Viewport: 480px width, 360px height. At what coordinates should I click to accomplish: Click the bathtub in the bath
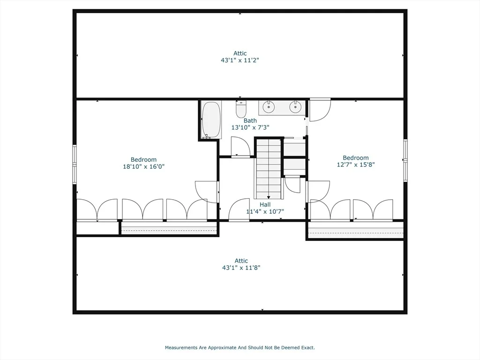(x=211, y=120)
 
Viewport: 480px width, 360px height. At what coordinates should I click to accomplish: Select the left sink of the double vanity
(x=269, y=106)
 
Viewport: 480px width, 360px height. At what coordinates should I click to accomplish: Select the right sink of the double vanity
(x=295, y=106)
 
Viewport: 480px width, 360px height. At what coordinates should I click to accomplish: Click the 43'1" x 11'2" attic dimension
(x=240, y=60)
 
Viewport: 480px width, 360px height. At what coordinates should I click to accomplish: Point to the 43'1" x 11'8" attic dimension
(x=241, y=268)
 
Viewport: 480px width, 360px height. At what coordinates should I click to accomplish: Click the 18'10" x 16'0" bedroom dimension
(x=144, y=167)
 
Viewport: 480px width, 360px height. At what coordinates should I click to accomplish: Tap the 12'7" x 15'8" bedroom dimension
(x=356, y=165)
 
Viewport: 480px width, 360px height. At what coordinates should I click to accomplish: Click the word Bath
(x=250, y=120)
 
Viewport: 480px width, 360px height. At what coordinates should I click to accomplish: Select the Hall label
(x=265, y=204)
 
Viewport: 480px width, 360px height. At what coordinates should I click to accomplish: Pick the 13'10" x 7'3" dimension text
(x=250, y=127)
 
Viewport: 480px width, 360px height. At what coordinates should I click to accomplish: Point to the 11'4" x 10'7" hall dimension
(x=265, y=211)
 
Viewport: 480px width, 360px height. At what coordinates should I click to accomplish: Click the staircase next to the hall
(x=269, y=169)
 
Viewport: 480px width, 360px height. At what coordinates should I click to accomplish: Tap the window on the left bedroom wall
(x=75, y=165)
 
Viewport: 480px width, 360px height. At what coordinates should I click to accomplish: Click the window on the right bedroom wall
(x=405, y=160)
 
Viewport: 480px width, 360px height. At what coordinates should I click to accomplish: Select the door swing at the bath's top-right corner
(x=320, y=110)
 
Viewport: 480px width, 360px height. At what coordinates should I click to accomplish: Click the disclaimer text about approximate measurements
(x=240, y=348)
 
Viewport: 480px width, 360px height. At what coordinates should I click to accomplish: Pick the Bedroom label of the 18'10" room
(x=143, y=160)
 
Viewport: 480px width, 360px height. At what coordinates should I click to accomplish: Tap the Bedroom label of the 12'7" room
(x=356, y=158)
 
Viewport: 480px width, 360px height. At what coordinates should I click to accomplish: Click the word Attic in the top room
(x=240, y=53)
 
